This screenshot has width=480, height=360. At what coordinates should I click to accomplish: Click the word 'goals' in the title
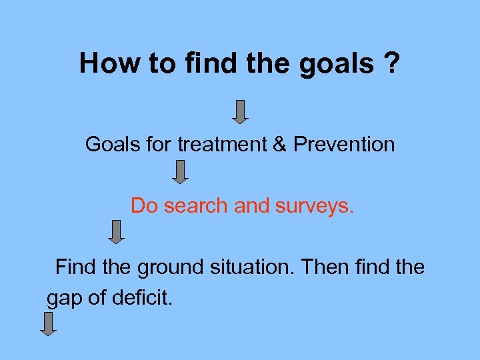tap(337, 64)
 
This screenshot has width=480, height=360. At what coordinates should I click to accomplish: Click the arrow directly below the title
tap(241, 111)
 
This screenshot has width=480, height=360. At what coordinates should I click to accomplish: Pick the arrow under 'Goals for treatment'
tap(180, 172)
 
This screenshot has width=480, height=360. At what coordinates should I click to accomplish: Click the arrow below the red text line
tap(117, 232)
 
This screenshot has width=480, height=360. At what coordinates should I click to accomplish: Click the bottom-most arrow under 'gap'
tap(48, 323)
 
